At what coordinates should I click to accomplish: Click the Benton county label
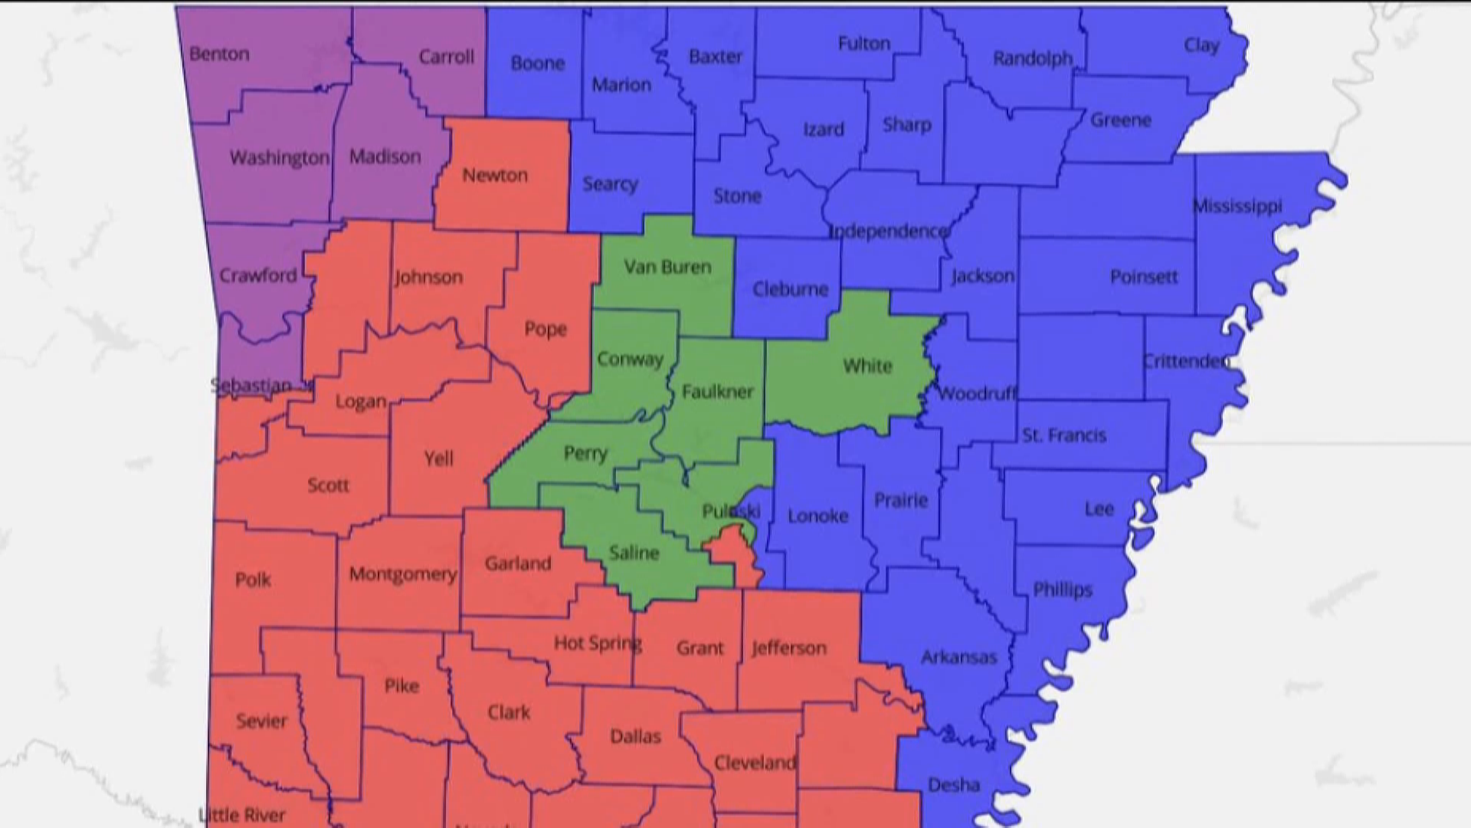[x=219, y=54]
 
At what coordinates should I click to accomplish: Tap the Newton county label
[x=494, y=176]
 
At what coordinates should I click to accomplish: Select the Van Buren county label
[x=667, y=267]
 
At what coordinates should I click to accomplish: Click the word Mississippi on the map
[x=1237, y=206]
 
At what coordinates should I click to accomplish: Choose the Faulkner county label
[x=717, y=392]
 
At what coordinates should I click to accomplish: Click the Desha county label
[x=953, y=784]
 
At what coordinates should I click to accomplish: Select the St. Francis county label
[x=1063, y=435]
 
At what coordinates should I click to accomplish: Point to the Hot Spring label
[x=598, y=642]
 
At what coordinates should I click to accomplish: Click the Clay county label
[x=1201, y=45]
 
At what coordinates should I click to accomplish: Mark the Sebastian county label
[x=251, y=386]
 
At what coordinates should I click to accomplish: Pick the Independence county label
[x=889, y=231]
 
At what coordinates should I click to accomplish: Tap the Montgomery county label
[x=402, y=573]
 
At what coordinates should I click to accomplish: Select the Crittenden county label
[x=1186, y=361]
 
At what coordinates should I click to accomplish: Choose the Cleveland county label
[x=755, y=763]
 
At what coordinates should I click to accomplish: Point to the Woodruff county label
[x=975, y=394]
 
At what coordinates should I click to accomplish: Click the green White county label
[x=867, y=366]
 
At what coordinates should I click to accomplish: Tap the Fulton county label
[x=863, y=44]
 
